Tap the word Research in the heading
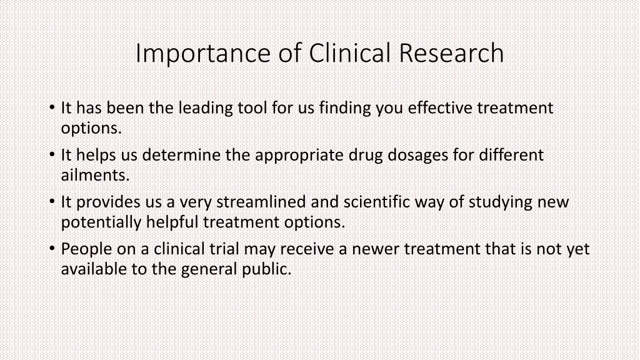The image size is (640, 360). tap(451, 53)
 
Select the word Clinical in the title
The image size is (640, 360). tap(349, 52)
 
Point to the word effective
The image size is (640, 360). tap(440, 108)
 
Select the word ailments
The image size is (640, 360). tap(95, 176)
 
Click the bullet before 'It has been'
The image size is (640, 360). tap(52, 107)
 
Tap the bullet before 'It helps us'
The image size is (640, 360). tap(52, 155)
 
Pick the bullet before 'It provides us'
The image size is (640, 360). tap(52, 202)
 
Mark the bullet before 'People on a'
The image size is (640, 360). tap(52, 249)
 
